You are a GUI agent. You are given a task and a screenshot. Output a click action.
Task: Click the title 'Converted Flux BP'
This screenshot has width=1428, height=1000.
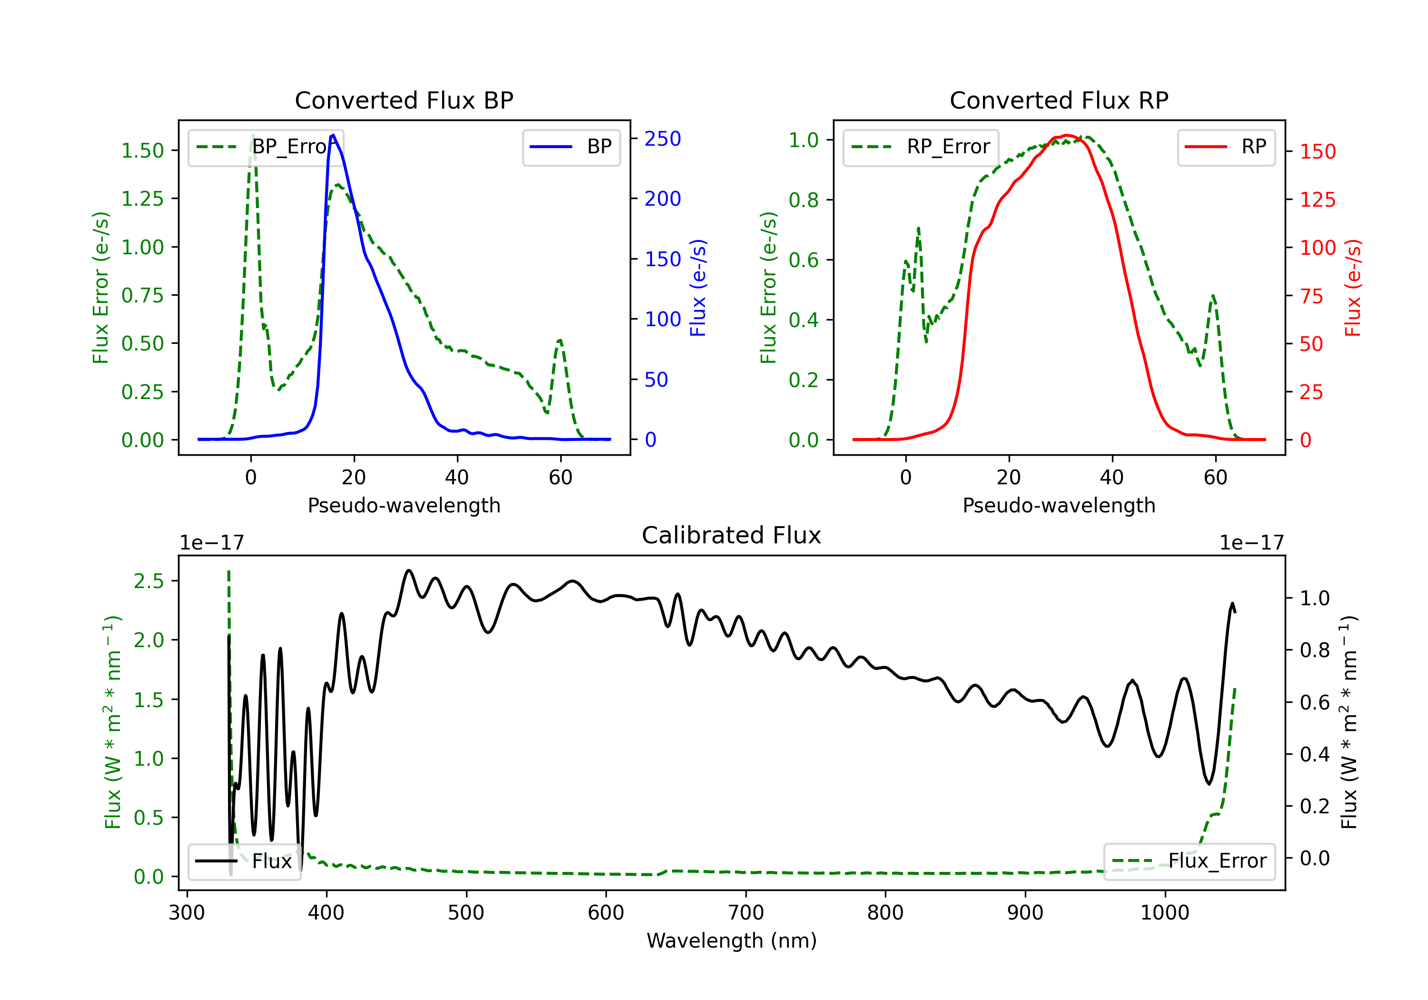404,100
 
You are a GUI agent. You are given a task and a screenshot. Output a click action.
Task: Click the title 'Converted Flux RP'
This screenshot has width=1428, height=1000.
1059,100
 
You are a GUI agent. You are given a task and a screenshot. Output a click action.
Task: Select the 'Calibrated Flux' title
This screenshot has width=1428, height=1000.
732,535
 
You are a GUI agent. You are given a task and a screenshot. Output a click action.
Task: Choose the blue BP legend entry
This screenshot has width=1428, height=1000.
571,147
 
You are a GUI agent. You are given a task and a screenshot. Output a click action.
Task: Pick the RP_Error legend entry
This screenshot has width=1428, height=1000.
921,147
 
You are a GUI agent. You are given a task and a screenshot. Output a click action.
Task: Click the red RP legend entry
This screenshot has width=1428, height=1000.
1226,147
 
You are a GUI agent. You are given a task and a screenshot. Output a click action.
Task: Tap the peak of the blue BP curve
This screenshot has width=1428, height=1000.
333,135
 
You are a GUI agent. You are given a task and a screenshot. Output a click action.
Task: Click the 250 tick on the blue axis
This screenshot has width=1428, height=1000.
663,139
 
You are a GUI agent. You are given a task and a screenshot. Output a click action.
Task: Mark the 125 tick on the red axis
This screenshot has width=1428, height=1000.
1317,200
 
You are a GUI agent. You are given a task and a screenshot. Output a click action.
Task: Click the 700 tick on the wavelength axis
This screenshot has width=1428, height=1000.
746,912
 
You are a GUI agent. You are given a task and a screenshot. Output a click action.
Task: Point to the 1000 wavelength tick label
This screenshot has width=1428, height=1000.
1165,912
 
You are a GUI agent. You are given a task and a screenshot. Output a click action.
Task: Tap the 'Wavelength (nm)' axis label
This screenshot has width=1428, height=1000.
732,940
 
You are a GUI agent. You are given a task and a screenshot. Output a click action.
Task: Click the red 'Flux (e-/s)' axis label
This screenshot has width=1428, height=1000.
1353,288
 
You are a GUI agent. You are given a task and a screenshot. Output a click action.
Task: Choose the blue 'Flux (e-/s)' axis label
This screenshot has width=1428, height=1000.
698,288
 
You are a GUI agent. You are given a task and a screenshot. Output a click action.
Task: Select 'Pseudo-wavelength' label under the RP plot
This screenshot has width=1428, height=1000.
1059,505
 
